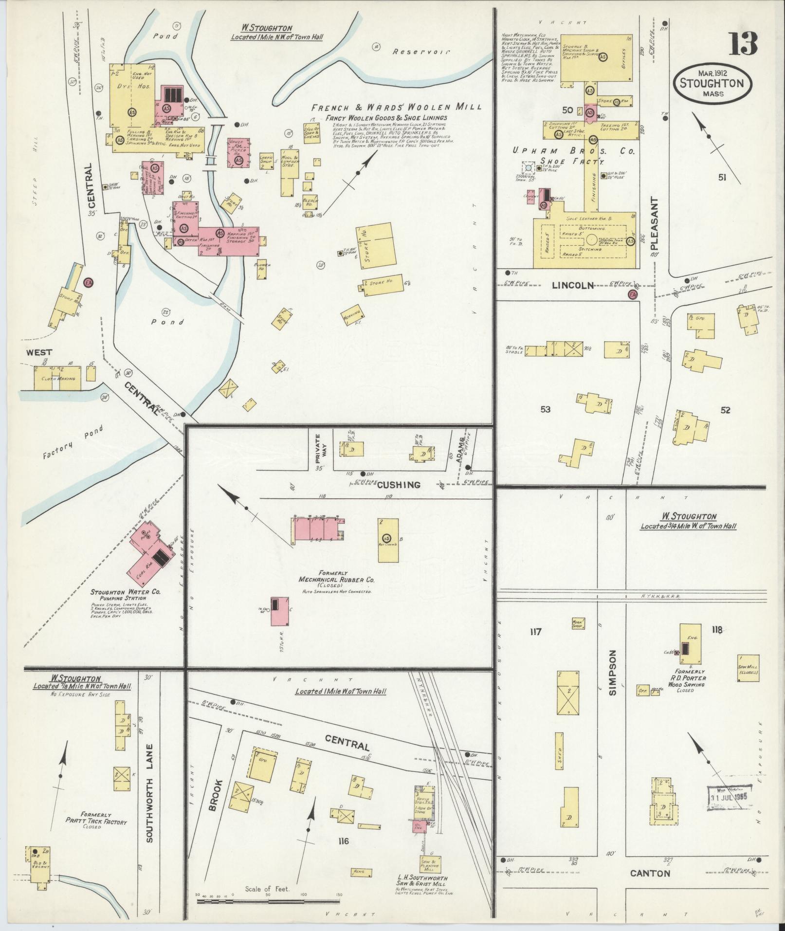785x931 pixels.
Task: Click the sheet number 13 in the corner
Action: click(743, 44)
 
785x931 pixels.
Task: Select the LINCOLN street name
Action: click(573, 286)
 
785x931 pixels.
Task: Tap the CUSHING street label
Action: click(398, 484)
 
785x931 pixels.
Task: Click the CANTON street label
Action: click(650, 873)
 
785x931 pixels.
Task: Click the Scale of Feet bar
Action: click(267, 901)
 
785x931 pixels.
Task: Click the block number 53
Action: click(545, 409)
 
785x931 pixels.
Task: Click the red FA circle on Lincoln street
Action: click(632, 294)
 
